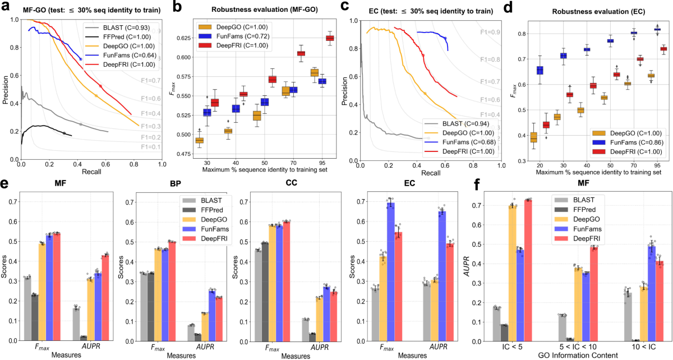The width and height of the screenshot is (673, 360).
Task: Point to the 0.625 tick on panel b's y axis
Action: click(x=182, y=38)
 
